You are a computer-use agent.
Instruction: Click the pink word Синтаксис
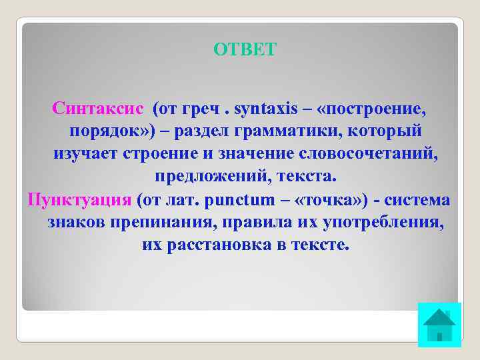point(98,108)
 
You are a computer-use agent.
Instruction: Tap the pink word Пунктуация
point(79,199)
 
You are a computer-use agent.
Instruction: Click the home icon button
point(439,325)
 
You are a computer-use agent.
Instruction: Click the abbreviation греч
point(197,108)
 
